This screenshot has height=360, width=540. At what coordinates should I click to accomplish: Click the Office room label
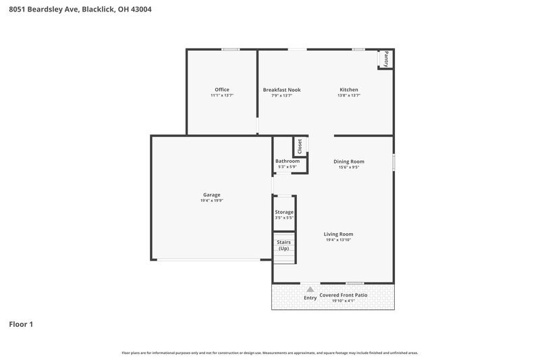pyautogui.click(x=222, y=90)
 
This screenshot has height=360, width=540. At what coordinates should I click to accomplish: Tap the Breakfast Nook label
pyautogui.click(x=281, y=90)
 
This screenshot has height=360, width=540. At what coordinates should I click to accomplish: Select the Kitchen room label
pyautogui.click(x=348, y=90)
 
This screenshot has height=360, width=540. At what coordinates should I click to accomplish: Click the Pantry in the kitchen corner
pyautogui.click(x=385, y=59)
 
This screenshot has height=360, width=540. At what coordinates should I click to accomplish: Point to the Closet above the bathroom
pyautogui.click(x=300, y=146)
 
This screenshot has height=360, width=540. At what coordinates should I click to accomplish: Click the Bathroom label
pyautogui.click(x=287, y=161)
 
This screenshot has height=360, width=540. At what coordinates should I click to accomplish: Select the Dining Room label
pyautogui.click(x=348, y=161)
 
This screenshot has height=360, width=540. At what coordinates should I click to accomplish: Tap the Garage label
pyautogui.click(x=211, y=195)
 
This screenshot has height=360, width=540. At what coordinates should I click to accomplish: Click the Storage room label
pyautogui.click(x=284, y=212)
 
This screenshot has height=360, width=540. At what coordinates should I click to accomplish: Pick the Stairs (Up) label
pyautogui.click(x=283, y=245)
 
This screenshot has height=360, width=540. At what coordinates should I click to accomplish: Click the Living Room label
pyautogui.click(x=338, y=234)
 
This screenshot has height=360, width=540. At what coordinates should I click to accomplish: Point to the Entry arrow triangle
pyautogui.click(x=310, y=289)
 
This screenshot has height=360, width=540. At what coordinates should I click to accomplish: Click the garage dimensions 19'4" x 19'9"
pyautogui.click(x=211, y=201)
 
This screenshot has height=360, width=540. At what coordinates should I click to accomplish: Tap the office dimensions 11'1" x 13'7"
pyautogui.click(x=222, y=96)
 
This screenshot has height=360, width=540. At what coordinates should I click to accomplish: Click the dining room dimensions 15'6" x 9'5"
pyautogui.click(x=348, y=168)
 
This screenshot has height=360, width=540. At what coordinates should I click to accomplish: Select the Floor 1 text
pyautogui.click(x=21, y=324)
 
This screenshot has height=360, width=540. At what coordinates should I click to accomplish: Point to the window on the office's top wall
pyautogui.click(x=231, y=49)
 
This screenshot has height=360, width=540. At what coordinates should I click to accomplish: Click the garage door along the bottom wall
pyautogui.click(x=209, y=259)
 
